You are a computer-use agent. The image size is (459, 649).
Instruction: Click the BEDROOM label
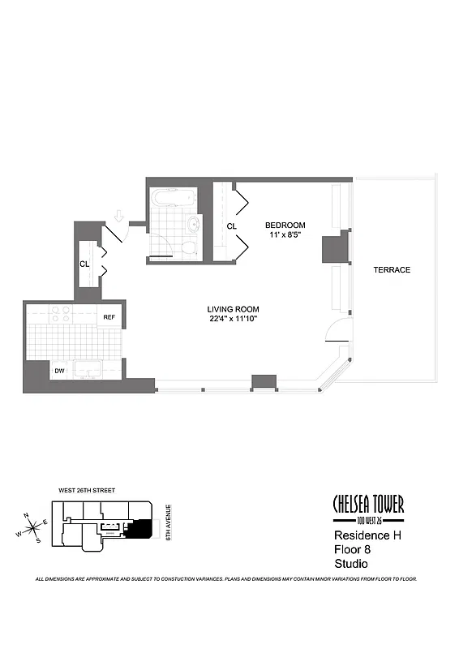click(x=285, y=226)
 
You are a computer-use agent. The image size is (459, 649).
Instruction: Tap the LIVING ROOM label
click(x=233, y=309)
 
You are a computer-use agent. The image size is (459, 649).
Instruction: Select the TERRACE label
click(x=392, y=270)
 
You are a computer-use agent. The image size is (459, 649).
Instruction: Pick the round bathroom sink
click(x=194, y=225)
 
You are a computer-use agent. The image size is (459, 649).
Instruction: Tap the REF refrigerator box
click(x=109, y=317)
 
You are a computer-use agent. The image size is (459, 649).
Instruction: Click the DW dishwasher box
click(x=59, y=371)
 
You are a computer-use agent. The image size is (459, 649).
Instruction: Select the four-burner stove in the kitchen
click(x=61, y=313)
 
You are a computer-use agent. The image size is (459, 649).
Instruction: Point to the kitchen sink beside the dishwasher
click(x=88, y=369)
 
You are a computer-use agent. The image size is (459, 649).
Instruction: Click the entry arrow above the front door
click(x=118, y=216)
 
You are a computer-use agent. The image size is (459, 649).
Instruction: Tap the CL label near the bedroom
click(x=232, y=226)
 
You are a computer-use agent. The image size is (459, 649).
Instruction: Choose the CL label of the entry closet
click(x=84, y=264)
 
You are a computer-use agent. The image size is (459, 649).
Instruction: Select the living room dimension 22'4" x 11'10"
click(x=234, y=319)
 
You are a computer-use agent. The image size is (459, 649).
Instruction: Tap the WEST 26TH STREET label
click(x=87, y=491)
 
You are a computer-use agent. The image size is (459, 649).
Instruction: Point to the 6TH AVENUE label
click(x=168, y=522)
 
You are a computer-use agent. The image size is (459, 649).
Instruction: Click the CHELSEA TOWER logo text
click(x=369, y=504)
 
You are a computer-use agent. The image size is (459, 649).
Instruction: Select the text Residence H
click(x=367, y=535)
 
